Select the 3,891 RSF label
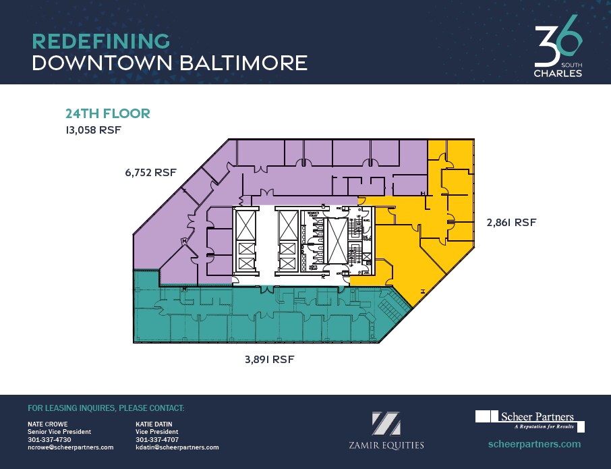(269, 360)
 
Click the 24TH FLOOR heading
(107, 113)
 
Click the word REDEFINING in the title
(100, 40)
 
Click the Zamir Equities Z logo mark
(386, 423)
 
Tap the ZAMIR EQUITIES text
(386, 445)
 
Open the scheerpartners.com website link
(533, 444)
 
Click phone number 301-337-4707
(157, 439)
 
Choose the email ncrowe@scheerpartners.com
(70, 447)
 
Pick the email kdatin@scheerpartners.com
(177, 447)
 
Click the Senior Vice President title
(59, 432)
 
